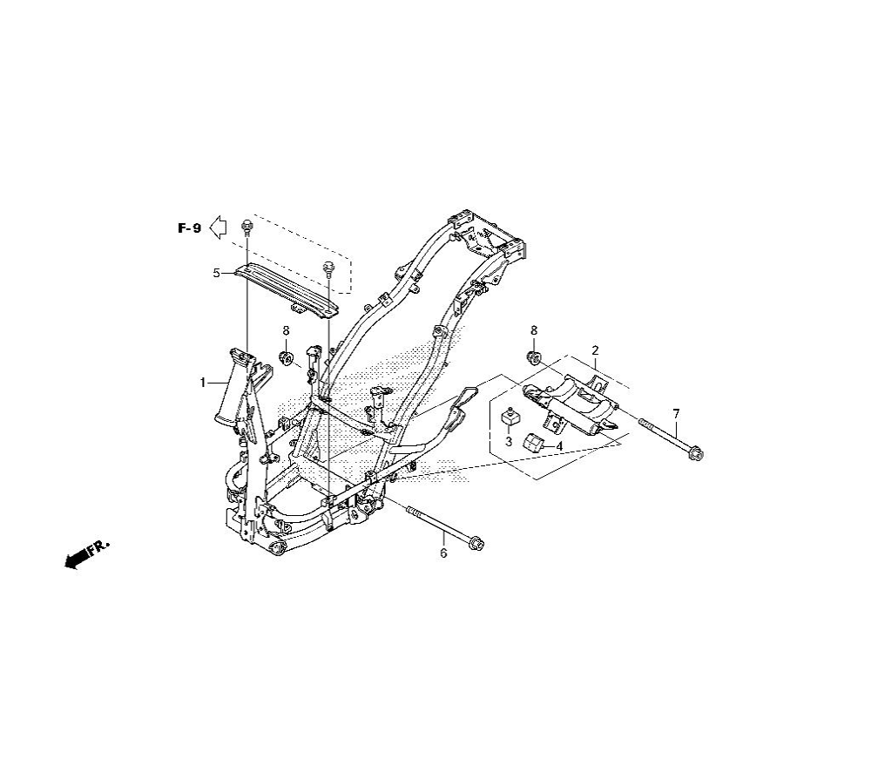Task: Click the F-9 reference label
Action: pos(189,227)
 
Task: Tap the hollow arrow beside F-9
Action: pos(218,227)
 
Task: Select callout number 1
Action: pos(203,383)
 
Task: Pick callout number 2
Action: pos(595,350)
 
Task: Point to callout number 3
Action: pos(509,443)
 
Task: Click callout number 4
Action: pos(559,446)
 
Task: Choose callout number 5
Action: pos(217,273)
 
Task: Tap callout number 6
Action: pos(443,553)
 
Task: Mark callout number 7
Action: pos(676,414)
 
